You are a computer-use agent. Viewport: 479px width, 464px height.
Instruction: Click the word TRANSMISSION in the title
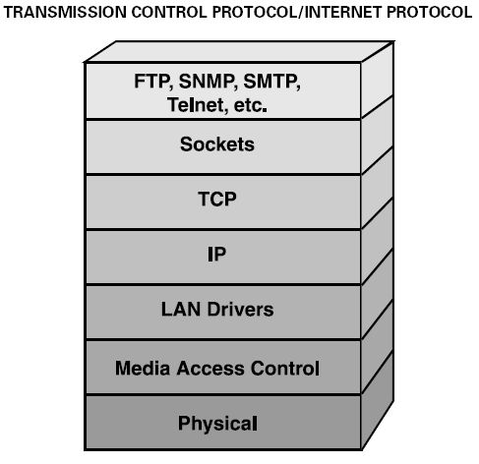(x=65, y=13)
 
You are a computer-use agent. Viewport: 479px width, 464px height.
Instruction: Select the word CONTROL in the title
(x=169, y=13)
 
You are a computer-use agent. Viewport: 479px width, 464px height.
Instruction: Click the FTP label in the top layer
(x=153, y=82)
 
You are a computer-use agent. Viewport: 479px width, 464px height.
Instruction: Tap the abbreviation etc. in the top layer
(x=250, y=105)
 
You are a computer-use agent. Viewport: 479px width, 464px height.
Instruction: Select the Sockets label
(x=217, y=145)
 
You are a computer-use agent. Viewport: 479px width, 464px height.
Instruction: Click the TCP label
(x=217, y=199)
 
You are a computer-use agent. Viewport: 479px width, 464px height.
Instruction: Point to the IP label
(x=217, y=254)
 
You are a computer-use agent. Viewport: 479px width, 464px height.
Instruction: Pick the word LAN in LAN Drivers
(x=181, y=310)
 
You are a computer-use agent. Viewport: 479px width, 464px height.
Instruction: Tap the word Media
(x=143, y=368)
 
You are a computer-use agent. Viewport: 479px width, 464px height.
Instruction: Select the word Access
(x=211, y=368)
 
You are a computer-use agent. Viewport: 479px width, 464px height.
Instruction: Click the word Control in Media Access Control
(x=285, y=368)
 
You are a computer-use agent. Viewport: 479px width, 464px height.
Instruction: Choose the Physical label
(x=217, y=424)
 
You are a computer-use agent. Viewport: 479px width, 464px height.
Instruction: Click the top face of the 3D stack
(x=239, y=51)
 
